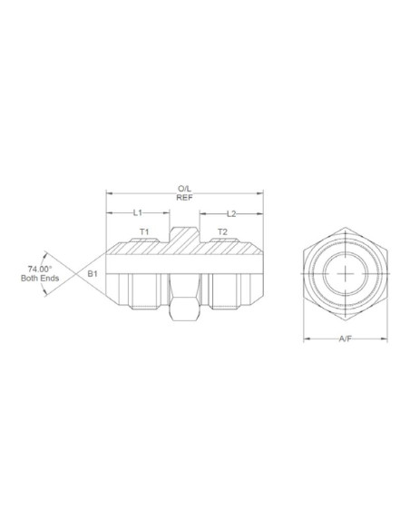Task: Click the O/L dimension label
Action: [184, 189]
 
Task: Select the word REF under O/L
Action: [184, 198]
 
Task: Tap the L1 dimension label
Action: [139, 212]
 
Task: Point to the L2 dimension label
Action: [231, 213]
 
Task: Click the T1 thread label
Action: [144, 232]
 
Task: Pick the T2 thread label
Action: [222, 232]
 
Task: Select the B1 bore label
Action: [93, 273]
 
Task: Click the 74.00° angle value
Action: [37, 269]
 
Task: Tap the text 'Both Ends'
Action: [39, 279]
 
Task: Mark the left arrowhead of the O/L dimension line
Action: [109, 193]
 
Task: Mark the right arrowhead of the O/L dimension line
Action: [261, 193]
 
